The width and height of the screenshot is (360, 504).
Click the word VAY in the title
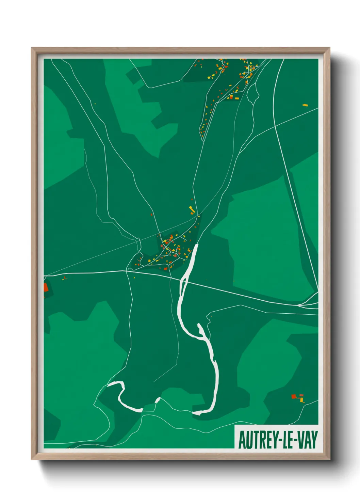pyautogui.click(x=307, y=440)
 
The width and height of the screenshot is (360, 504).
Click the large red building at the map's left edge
pyautogui.click(x=46, y=287)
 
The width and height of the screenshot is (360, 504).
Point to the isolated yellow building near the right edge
pyautogui.click(x=305, y=105)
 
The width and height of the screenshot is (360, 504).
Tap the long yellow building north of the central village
pyautogui.click(x=192, y=209)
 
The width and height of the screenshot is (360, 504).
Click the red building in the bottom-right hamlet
pyautogui.click(x=294, y=396)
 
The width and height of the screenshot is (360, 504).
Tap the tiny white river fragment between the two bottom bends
pyautogui.click(x=157, y=400)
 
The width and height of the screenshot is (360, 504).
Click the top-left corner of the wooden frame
pyautogui.click(x=32, y=48)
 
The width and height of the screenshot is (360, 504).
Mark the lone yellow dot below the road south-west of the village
pyautogui.click(x=134, y=278)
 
